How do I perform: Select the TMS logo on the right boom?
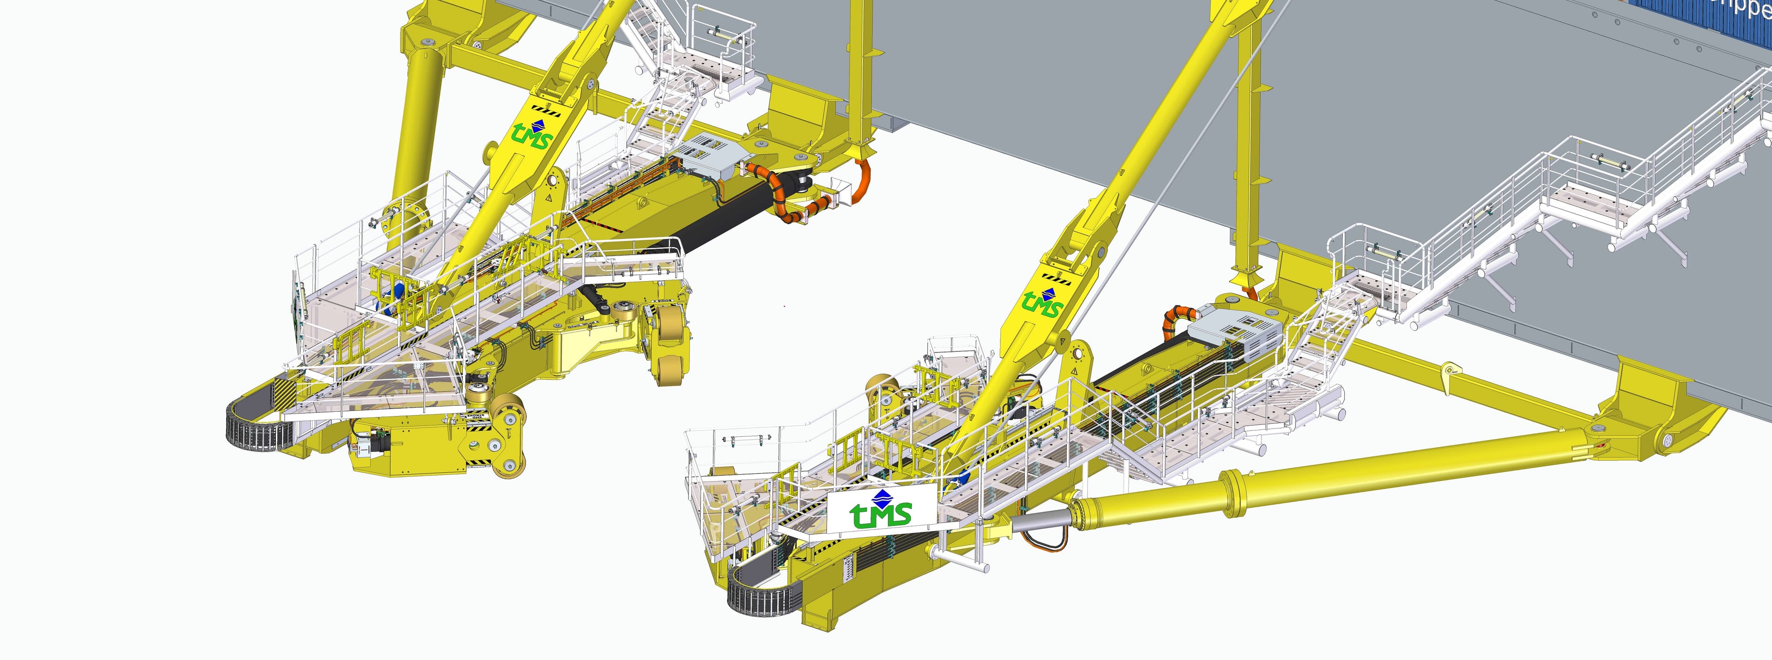click(1043, 303)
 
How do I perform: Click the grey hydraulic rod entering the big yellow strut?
click(1039, 523)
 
